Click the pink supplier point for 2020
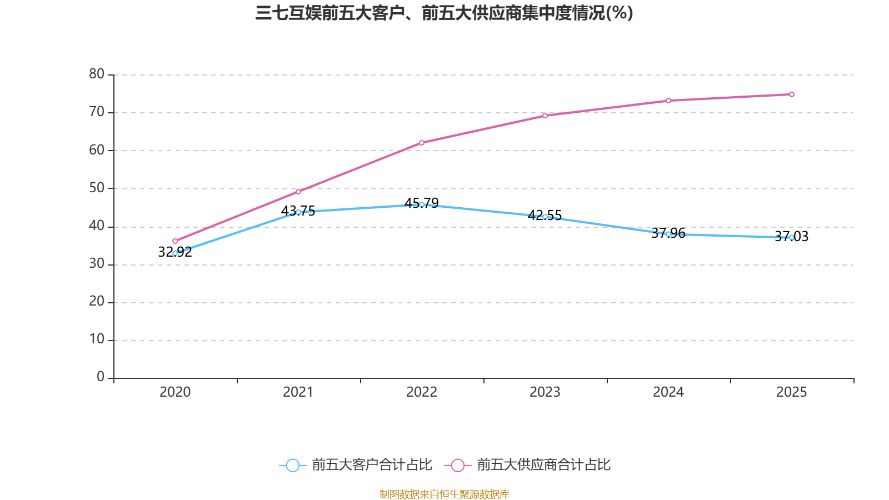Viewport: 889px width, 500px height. [175, 241]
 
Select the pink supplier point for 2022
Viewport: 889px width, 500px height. [422, 143]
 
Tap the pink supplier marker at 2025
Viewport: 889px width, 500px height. [792, 94]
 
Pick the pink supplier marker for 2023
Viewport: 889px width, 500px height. [545, 116]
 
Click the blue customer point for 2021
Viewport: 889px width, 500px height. [298, 212]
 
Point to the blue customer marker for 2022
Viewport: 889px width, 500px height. [422, 204]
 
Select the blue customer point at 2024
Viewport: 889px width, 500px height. [668, 234]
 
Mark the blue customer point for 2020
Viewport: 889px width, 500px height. [175, 253]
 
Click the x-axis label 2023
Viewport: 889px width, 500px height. [545, 392]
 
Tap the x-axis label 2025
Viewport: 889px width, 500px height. [792, 392]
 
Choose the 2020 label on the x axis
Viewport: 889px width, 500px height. [175, 392]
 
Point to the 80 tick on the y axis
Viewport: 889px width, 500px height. [97, 74]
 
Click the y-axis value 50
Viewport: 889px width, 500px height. [97, 188]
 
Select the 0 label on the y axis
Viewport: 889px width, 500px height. [101, 377]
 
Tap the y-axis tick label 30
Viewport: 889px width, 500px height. [97, 264]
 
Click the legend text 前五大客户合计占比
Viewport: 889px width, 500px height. [372, 465]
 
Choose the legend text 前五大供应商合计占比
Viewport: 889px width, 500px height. [544, 465]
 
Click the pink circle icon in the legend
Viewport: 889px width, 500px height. [457, 465]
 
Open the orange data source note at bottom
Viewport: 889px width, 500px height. [444, 494]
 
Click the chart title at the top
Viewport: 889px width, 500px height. [444, 13]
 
